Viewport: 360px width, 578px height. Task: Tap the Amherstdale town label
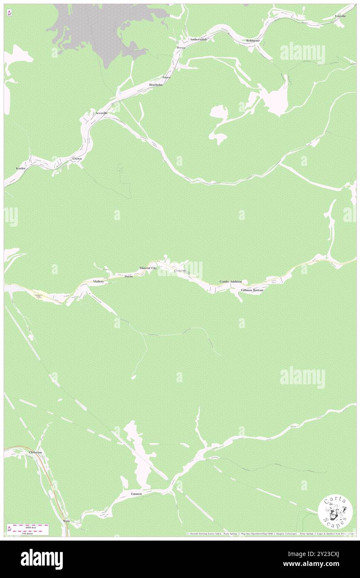click(199, 39)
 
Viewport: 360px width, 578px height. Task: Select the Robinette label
click(253, 40)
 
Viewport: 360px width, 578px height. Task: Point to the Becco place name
click(180, 48)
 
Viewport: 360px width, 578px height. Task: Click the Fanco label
click(166, 77)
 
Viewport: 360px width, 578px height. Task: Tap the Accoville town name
click(101, 113)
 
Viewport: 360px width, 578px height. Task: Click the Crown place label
click(77, 159)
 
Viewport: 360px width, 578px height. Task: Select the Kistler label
click(21, 168)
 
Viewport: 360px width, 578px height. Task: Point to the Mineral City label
click(148, 268)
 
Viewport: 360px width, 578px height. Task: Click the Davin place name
click(128, 277)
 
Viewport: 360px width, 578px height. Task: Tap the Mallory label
click(99, 282)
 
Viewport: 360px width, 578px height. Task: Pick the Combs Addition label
click(230, 282)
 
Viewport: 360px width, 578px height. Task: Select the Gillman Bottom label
click(252, 290)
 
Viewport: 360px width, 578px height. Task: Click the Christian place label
click(35, 452)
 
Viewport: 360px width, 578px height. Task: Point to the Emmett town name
click(136, 494)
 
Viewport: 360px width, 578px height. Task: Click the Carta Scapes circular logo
click(335, 512)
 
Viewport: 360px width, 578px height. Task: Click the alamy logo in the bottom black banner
click(42, 559)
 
